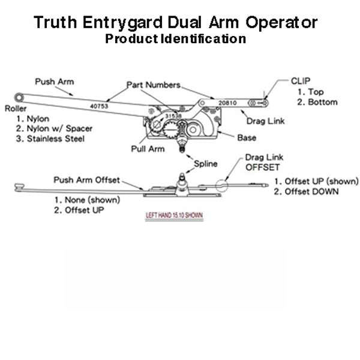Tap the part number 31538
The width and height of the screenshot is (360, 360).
pyautogui.click(x=173, y=115)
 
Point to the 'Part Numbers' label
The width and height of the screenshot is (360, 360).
pyautogui.click(x=156, y=84)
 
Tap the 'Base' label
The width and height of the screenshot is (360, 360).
pyautogui.click(x=246, y=137)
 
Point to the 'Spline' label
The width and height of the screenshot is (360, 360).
pyautogui.click(x=205, y=163)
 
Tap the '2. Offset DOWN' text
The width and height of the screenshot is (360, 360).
pyautogui.click(x=306, y=192)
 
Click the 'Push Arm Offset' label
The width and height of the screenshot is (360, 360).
pyautogui.click(x=86, y=179)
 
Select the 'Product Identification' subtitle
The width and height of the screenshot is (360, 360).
pyautogui.click(x=175, y=39)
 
